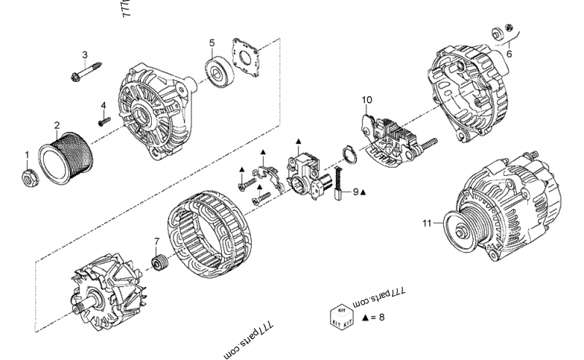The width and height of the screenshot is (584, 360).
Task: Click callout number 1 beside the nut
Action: click(27, 154)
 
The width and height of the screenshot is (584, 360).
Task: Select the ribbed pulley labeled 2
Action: click(68, 156)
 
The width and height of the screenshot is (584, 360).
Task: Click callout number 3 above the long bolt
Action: click(85, 55)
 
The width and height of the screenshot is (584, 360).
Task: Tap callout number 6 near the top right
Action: click(509, 53)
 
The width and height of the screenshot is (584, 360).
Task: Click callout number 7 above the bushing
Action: click(156, 242)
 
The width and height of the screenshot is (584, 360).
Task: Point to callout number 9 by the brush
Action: click(356, 192)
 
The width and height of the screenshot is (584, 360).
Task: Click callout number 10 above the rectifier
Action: click(366, 99)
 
